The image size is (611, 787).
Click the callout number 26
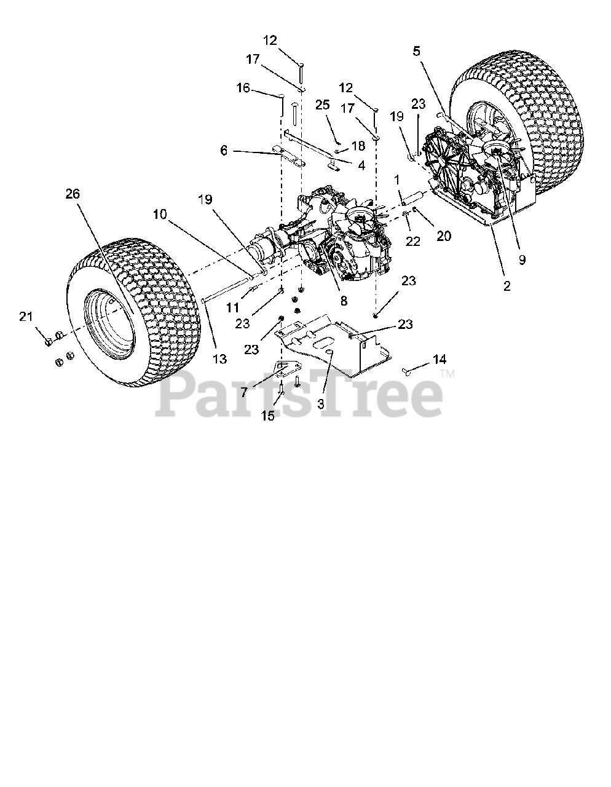pyautogui.click(x=73, y=194)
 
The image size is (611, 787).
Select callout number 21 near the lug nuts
pyautogui.click(x=25, y=317)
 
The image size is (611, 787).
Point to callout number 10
pyautogui.click(x=160, y=214)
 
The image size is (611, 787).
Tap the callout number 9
pyautogui.click(x=522, y=260)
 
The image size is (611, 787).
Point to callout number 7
pyautogui.click(x=244, y=392)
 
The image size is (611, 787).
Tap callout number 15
pyautogui.click(x=267, y=416)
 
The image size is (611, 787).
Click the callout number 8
pyautogui.click(x=343, y=301)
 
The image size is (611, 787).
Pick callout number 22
pyautogui.click(x=413, y=242)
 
